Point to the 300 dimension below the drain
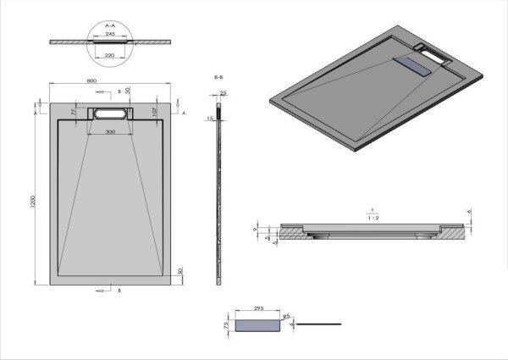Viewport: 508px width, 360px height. (x=110, y=133)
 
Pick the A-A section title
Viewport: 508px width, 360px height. (x=109, y=26)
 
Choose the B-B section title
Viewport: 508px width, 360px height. (x=218, y=76)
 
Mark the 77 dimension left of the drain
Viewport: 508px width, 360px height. (x=74, y=111)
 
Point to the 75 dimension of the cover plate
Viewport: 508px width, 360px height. (x=226, y=324)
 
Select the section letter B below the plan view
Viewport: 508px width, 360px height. (x=119, y=291)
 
